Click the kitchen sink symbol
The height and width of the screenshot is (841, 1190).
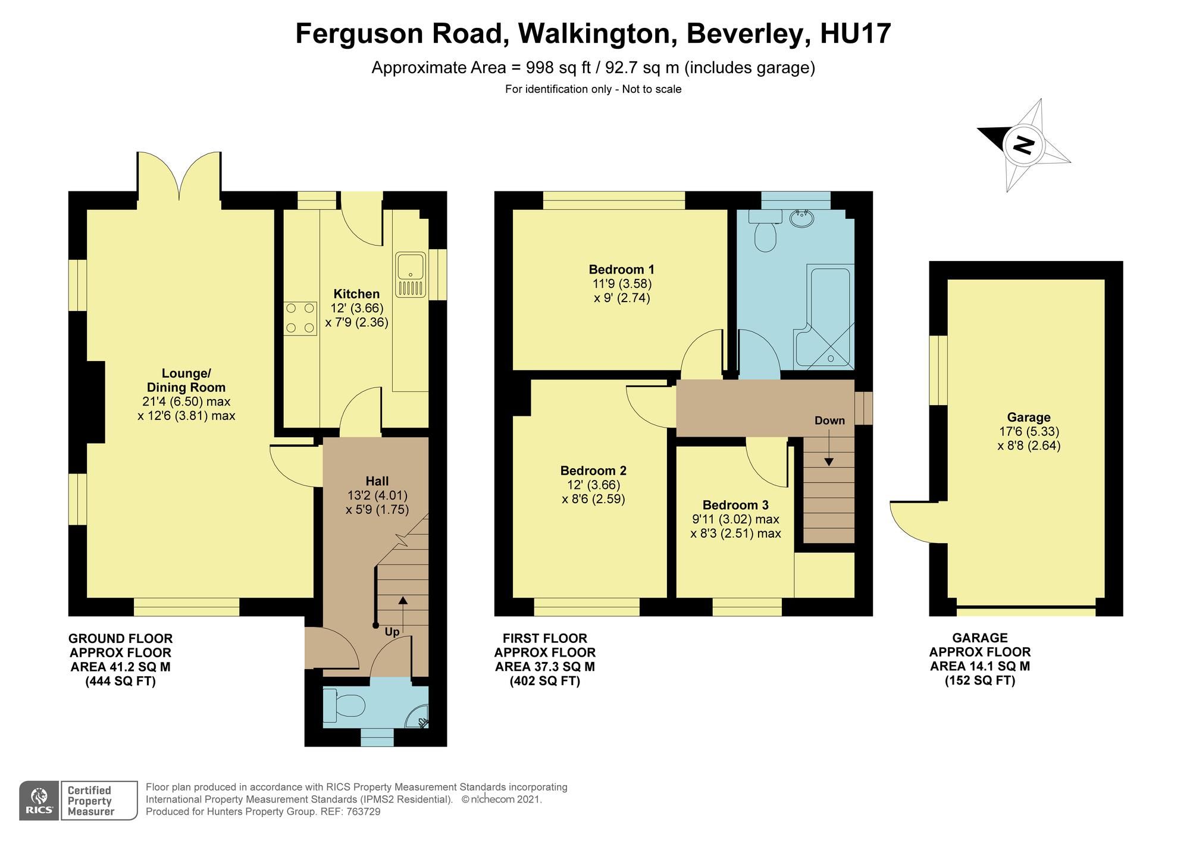tap(411, 275)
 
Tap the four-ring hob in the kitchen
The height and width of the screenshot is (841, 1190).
tap(300, 318)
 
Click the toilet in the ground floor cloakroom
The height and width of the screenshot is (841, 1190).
tap(348, 707)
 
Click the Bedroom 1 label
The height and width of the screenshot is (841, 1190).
tap(622, 269)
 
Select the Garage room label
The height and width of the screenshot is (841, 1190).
tap(1029, 418)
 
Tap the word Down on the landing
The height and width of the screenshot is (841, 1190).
tap(829, 421)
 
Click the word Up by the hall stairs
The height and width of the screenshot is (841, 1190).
tap(392, 632)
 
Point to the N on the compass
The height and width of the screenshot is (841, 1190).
tap(1024, 145)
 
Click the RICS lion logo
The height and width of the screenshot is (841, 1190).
tap(39, 800)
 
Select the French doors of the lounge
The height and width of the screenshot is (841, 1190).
tap(179, 175)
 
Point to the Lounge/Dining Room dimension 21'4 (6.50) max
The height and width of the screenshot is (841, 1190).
tap(186, 401)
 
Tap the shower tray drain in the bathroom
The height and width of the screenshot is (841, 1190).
tap(831, 359)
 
